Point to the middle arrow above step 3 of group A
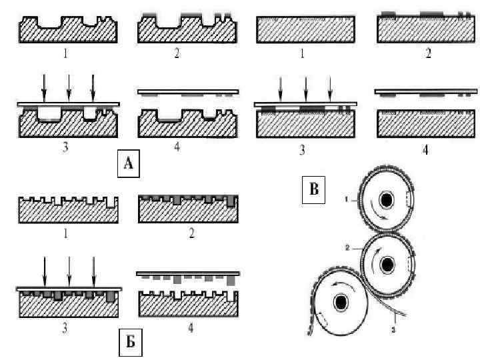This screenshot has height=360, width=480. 69,86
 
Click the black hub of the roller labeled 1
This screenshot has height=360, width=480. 386,200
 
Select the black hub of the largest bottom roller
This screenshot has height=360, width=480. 341,304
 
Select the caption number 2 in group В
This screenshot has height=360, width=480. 427,55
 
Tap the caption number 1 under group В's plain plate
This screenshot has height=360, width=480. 302,55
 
